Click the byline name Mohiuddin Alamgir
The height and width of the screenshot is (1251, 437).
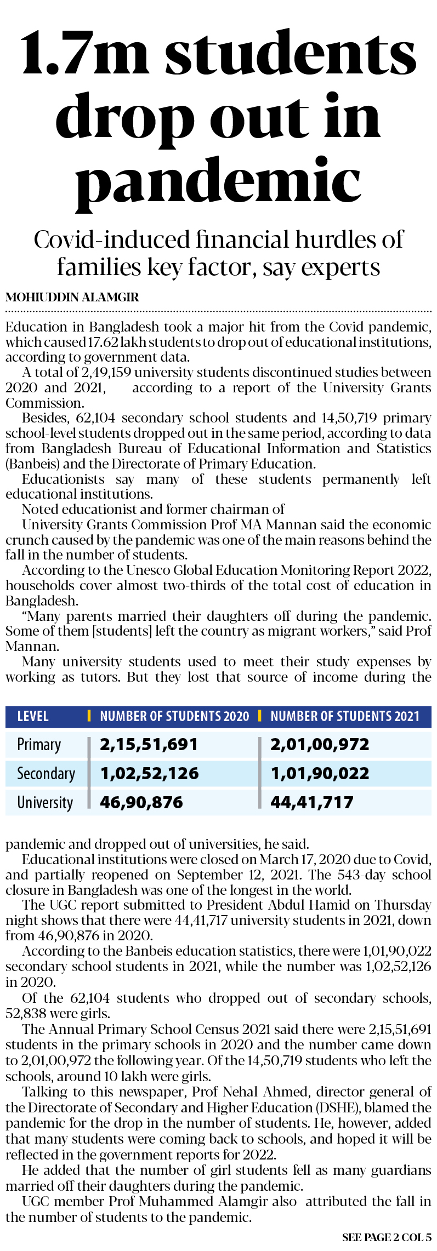[72, 298]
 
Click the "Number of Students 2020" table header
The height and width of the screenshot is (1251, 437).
[174, 716]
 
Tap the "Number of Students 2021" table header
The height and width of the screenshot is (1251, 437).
[345, 716]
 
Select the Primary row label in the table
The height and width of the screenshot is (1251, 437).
[39, 745]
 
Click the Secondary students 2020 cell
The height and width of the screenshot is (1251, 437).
[149, 774]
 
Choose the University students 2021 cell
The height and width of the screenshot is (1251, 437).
[312, 803]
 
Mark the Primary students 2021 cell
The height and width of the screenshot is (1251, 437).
[320, 745]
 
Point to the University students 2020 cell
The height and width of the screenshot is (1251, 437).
[141, 803]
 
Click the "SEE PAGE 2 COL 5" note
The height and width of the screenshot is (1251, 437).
[387, 1237]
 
